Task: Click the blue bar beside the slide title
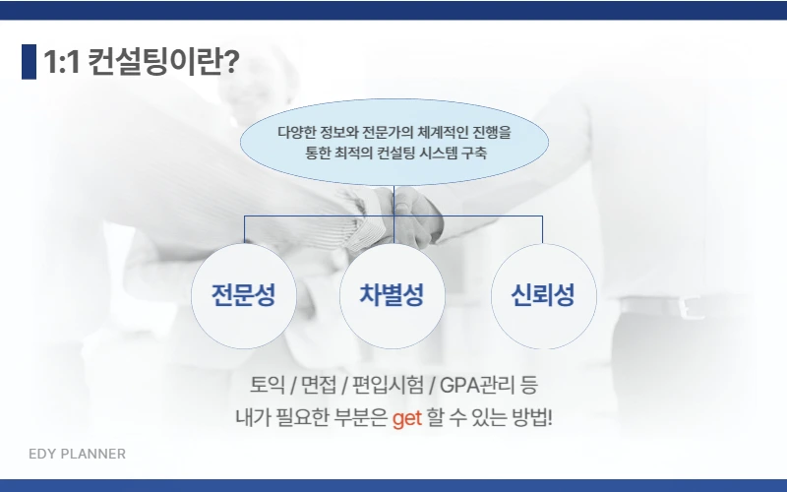click(x=29, y=62)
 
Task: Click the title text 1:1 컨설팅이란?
click(x=141, y=62)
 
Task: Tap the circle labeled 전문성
click(x=243, y=296)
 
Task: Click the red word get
click(x=406, y=418)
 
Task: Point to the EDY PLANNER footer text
click(x=77, y=455)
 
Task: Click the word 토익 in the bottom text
click(x=268, y=384)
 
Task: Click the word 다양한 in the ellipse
click(x=297, y=131)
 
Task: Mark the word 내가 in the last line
click(x=250, y=418)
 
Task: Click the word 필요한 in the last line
click(x=298, y=418)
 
